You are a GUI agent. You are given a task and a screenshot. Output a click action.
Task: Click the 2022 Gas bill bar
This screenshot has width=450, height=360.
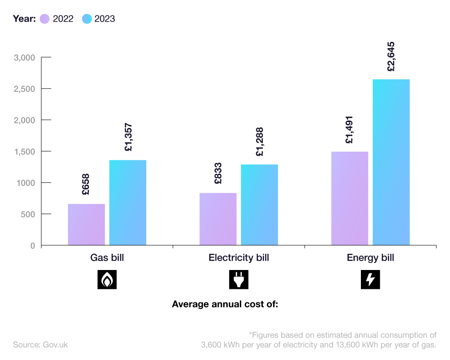click(86, 225)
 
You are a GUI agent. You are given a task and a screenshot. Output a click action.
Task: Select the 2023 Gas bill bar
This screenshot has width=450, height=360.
click(128, 202)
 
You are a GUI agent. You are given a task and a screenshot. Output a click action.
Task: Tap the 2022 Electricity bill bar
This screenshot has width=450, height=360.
click(218, 219)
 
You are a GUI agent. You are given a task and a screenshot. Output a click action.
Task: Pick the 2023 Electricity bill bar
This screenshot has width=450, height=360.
click(259, 205)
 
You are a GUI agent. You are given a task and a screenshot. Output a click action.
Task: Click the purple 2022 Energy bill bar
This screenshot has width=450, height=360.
click(350, 198)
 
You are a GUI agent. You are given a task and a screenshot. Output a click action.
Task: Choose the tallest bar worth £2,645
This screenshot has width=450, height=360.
click(391, 162)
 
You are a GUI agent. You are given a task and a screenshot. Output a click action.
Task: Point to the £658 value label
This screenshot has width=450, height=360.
click(86, 184)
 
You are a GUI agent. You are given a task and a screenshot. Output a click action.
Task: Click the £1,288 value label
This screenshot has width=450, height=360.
click(259, 142)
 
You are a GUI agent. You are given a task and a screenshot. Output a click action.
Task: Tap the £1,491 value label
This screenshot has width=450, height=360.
click(350, 130)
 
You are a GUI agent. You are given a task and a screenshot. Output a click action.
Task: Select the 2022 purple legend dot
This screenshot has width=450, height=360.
click(45, 19)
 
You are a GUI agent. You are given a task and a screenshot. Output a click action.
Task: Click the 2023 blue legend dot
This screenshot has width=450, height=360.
click(87, 19)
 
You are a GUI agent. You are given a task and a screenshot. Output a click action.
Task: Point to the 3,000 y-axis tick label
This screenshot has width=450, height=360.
click(24, 58)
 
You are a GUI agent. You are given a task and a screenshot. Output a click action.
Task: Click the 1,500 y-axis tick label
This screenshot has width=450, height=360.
click(24, 152)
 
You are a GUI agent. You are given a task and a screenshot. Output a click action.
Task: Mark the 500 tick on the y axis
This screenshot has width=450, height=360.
click(28, 214)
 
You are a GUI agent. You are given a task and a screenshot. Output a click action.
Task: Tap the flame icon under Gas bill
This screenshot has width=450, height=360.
click(107, 279)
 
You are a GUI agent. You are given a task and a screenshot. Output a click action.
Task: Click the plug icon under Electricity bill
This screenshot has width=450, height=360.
click(238, 279)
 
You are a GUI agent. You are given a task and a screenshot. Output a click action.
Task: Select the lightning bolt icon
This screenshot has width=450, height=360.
click(370, 279)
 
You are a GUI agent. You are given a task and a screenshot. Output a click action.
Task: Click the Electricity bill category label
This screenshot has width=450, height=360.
click(238, 258)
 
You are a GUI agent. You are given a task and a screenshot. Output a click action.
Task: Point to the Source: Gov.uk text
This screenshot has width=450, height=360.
click(40, 345)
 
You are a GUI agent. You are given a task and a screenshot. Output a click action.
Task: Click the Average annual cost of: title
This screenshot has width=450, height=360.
click(225, 304)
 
